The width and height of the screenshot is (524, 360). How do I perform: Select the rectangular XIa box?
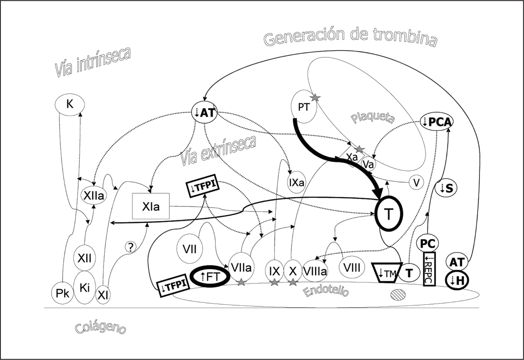[151, 206]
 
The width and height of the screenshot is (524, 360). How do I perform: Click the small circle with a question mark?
[130, 247]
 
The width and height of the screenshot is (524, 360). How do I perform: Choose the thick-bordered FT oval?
[210, 276]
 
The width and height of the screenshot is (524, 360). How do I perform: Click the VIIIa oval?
[315, 271]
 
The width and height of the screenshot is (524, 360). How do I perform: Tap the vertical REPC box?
[429, 269]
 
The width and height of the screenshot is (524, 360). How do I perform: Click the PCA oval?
[437, 122]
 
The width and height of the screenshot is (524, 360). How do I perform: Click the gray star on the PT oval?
[315, 97]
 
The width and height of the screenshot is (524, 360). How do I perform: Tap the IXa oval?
[296, 182]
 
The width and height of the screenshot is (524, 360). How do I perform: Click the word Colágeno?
[101, 328]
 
